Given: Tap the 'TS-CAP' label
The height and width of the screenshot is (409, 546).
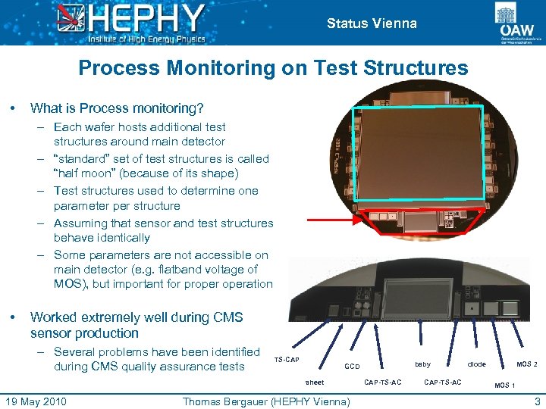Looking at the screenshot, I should [287, 359].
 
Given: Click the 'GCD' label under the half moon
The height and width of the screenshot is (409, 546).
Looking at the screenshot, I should [353, 366].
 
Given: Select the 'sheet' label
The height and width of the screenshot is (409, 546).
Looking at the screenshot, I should [315, 382].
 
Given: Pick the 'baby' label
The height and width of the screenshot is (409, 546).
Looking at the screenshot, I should [422, 364].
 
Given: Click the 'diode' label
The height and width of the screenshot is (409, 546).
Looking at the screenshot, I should [476, 364].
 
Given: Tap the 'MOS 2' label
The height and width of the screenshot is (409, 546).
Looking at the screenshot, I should [527, 364].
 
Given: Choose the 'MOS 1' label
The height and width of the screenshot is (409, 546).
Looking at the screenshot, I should [504, 386].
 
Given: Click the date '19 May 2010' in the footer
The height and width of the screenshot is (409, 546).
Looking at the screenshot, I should [36, 401].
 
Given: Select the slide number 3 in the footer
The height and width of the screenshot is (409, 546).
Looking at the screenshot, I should [537, 401].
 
